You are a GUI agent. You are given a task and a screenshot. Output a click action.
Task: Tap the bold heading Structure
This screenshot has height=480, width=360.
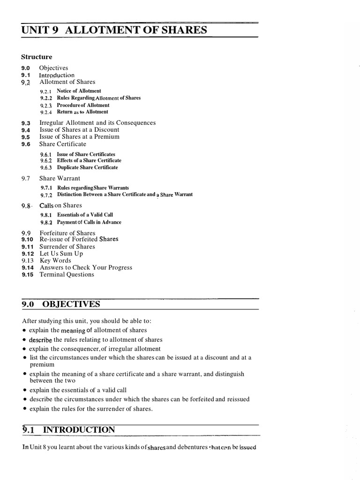point(37,57)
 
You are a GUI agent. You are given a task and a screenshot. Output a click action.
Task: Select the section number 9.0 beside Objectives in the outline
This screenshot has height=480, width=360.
point(25,68)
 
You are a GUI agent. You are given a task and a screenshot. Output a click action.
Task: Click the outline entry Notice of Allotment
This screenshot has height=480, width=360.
point(79,91)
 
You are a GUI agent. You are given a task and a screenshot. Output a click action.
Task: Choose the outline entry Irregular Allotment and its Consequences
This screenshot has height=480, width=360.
point(97,123)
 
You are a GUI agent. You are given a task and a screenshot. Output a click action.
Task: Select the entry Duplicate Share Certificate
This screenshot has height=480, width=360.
point(87,167)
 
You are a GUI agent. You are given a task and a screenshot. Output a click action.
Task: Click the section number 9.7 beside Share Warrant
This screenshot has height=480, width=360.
point(25,179)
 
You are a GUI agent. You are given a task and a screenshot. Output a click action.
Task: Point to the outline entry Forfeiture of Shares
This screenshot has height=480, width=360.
point(67,232)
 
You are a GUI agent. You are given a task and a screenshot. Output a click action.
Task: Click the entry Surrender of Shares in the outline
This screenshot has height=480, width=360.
point(67,247)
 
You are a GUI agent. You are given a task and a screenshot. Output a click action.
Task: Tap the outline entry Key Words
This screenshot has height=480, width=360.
point(55,261)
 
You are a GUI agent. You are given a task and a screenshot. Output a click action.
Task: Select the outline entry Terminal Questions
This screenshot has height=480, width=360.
point(67,275)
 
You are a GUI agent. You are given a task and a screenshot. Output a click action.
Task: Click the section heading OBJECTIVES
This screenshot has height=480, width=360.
point(71,304)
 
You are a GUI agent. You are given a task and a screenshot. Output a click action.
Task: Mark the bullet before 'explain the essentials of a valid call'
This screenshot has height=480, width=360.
point(24,390)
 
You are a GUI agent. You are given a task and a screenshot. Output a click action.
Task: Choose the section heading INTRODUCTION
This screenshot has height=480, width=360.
point(79,430)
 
